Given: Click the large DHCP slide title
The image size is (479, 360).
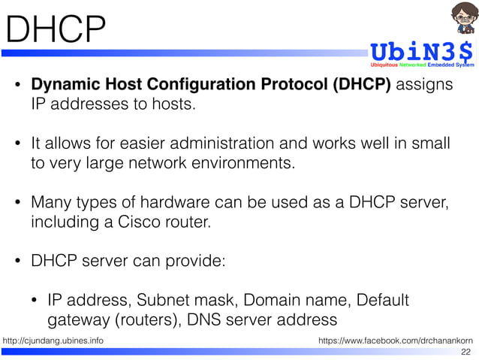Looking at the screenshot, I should (x=54, y=29).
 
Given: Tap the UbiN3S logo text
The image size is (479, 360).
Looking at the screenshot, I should (x=420, y=52).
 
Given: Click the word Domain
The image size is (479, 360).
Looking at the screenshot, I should (x=278, y=301).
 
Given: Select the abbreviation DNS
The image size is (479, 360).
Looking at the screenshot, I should (x=204, y=320).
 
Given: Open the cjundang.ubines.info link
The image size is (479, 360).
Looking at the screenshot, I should (x=53, y=342).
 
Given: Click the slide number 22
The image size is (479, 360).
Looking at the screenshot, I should (x=465, y=352).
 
